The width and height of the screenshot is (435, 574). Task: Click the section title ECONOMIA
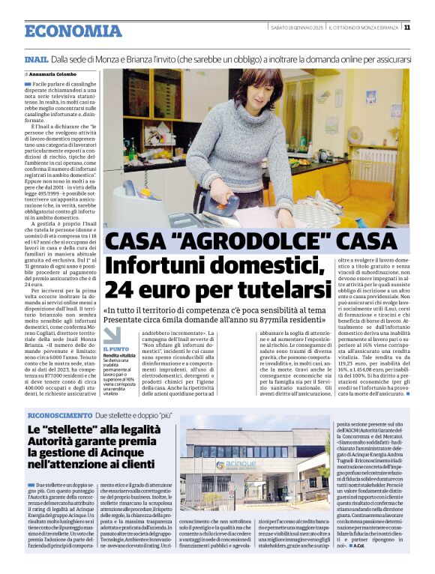(x=73, y=31)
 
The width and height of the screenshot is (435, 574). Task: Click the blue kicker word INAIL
(x=36, y=58)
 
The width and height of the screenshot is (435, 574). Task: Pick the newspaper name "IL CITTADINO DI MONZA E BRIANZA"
(x=367, y=28)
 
